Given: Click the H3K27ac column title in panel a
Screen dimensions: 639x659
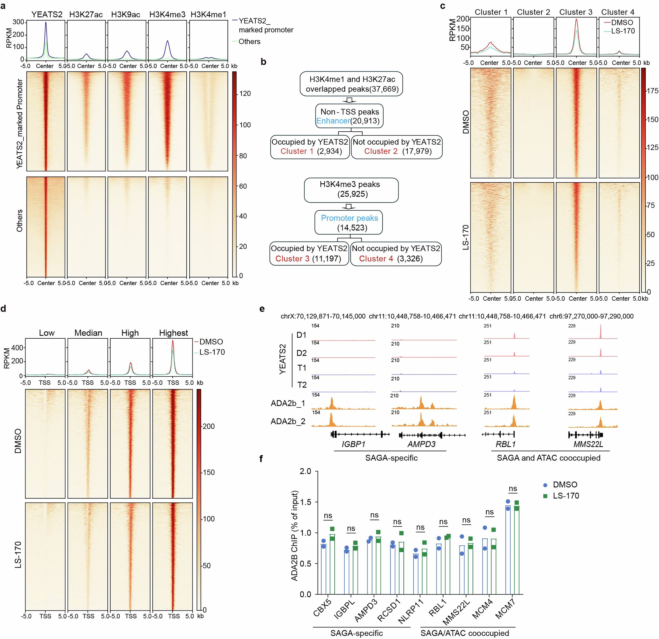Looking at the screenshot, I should coord(86,15).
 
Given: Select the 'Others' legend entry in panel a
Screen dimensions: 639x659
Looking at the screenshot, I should coord(249,42).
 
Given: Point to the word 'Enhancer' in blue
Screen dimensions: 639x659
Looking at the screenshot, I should coord(333,121).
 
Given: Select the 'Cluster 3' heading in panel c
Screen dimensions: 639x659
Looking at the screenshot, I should coord(576,12).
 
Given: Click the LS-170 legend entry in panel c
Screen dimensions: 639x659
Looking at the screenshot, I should coord(623,31).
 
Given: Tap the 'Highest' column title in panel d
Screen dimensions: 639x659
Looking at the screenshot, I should coord(174,333).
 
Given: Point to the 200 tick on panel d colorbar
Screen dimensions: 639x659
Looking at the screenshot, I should coord(209,426).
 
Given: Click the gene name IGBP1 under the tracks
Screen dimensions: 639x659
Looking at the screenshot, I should coord(354,444).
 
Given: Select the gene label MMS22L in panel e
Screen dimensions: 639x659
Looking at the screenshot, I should coord(588,444).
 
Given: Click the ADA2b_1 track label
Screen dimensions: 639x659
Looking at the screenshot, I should coord(288,403).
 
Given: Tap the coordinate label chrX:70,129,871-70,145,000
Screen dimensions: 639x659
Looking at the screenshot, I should coord(323,316).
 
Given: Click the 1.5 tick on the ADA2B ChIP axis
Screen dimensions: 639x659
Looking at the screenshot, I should coord(305,502).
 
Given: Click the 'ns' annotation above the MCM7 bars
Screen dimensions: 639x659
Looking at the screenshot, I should coord(513,489).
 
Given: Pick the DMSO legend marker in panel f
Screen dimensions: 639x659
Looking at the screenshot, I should coord(545,485).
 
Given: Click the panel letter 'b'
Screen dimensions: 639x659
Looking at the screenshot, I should coord(263,62).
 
